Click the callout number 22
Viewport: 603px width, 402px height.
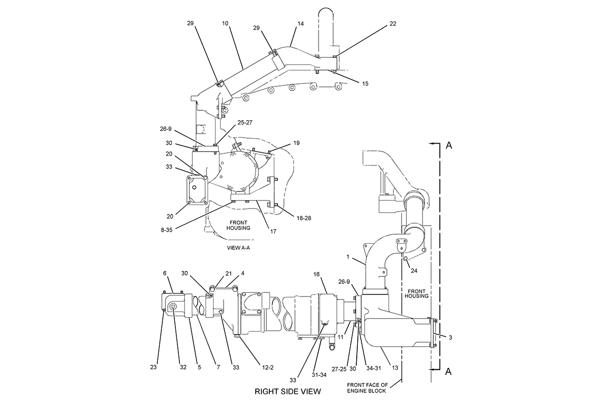393,24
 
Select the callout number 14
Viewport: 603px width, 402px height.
300,24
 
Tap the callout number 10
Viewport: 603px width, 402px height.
225,24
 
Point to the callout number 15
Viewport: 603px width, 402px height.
365,83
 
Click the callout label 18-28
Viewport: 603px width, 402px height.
304,218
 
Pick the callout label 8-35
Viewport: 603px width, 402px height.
167,230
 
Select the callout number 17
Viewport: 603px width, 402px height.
273,231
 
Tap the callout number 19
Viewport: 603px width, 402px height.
296,143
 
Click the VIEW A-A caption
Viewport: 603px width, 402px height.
238,248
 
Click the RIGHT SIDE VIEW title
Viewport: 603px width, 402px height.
288,391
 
